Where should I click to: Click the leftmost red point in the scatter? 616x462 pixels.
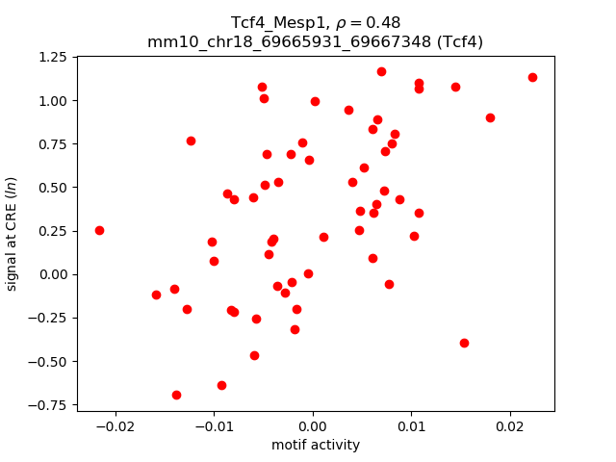(99, 230)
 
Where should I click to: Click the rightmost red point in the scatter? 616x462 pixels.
(532, 77)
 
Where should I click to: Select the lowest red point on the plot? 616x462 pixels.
(176, 395)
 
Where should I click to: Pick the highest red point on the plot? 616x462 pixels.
(381, 71)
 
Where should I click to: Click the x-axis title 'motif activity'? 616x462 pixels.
(316, 445)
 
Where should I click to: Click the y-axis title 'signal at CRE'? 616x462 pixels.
(13, 234)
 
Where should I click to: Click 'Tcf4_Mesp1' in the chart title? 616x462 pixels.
(272, 22)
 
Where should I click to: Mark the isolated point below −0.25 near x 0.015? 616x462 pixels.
(464, 343)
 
